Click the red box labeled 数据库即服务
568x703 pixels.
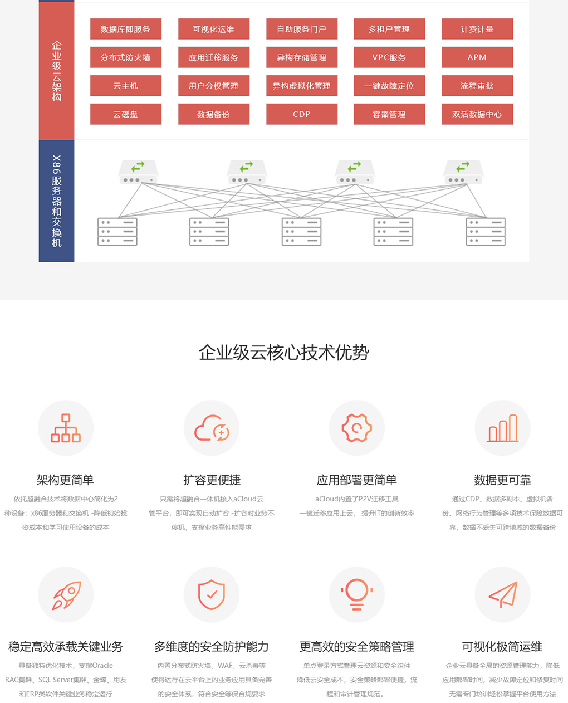tap(126, 29)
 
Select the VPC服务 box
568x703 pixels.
tap(389, 57)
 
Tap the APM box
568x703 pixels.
tap(477, 57)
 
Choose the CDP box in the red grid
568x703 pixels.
tap(302, 114)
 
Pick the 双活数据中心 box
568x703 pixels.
tap(477, 114)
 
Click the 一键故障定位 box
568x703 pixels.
tap(389, 86)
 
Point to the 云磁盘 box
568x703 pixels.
tap(126, 114)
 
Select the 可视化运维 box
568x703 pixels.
tap(214, 29)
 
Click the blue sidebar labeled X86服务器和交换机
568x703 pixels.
tap(56, 201)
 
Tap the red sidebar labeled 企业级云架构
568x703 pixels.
tap(56, 71)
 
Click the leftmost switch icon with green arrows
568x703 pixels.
tap(138, 172)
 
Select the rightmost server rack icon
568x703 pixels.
tap(485, 232)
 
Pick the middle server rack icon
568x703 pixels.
tap(301, 232)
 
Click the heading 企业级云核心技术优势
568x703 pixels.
tap(283, 353)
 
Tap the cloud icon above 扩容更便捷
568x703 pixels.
tap(212, 428)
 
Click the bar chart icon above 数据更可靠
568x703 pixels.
tap(502, 428)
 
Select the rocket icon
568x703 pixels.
tap(66, 595)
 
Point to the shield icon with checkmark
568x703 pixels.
tap(212, 595)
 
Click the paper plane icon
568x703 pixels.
tap(502, 595)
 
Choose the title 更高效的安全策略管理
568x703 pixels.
tap(356, 647)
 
